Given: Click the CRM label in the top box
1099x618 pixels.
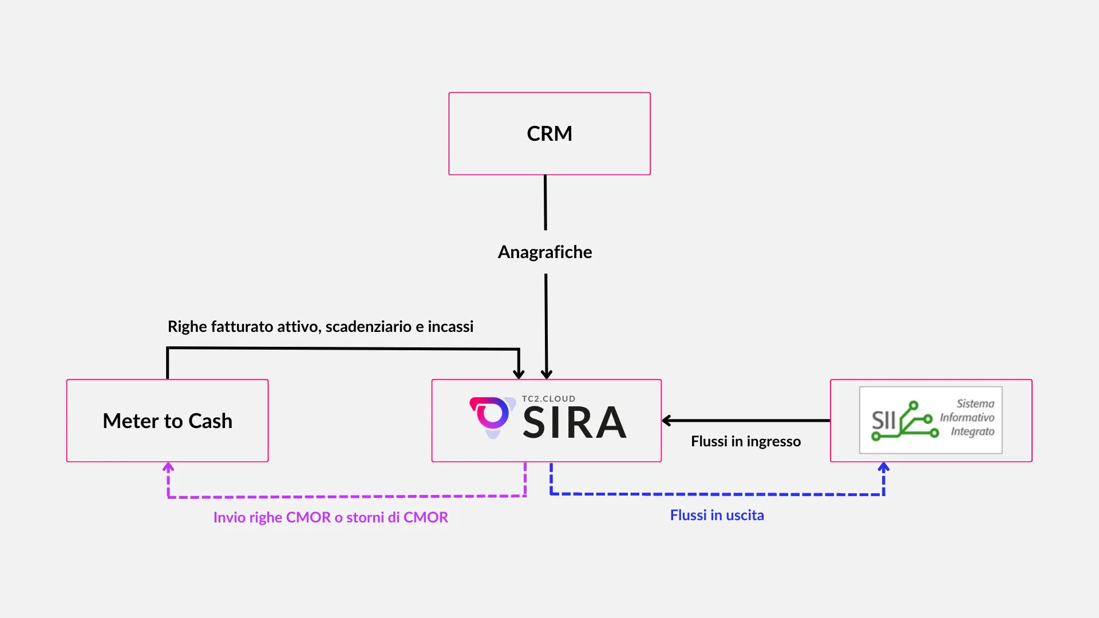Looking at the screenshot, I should pyautogui.click(x=549, y=133).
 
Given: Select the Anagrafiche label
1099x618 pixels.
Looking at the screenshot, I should pyautogui.click(x=545, y=252).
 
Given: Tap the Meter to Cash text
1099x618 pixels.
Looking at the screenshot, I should pyautogui.click(x=167, y=421).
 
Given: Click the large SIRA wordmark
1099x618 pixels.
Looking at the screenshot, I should pyautogui.click(x=575, y=423).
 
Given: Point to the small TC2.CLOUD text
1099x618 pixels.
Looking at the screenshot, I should pyautogui.click(x=548, y=399).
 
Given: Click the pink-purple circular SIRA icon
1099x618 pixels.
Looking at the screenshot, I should pyautogui.click(x=491, y=415).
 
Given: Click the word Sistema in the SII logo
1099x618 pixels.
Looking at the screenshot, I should pyautogui.click(x=975, y=403).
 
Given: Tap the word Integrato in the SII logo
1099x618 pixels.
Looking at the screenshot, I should pyautogui.click(x=973, y=431).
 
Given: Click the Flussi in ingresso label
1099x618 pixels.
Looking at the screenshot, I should pyautogui.click(x=745, y=441).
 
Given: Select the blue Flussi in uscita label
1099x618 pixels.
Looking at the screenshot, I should pyautogui.click(x=717, y=515).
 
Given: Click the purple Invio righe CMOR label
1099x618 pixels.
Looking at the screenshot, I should pyautogui.click(x=330, y=517).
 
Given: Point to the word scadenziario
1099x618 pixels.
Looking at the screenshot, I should pyautogui.click(x=368, y=327).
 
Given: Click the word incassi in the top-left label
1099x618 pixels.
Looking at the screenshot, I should pyautogui.click(x=450, y=327).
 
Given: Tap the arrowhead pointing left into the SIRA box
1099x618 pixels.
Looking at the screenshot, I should pyautogui.click(x=667, y=421).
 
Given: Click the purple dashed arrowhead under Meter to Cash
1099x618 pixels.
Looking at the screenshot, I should pyautogui.click(x=168, y=468).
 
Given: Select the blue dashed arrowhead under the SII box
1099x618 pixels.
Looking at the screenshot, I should pyautogui.click(x=884, y=468).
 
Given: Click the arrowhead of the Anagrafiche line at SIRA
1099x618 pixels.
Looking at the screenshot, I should pyautogui.click(x=547, y=374).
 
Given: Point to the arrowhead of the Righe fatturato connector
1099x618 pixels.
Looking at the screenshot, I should pyautogui.click(x=519, y=374).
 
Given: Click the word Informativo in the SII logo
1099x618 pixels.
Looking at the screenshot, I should pyautogui.click(x=967, y=418).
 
